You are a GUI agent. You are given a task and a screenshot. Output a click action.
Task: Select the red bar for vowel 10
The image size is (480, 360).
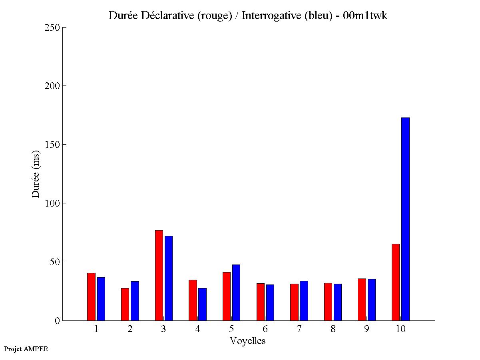(x=396, y=282)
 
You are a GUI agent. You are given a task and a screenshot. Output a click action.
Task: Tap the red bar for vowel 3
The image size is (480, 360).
(x=159, y=275)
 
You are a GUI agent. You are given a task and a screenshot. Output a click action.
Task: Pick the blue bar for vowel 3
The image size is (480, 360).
(x=169, y=278)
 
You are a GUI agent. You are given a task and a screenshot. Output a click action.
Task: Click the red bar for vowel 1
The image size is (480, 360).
(x=91, y=296)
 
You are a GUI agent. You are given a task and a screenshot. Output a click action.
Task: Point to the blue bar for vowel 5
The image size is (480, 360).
(x=236, y=292)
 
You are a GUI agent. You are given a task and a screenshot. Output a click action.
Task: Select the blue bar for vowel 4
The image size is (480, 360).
(x=202, y=304)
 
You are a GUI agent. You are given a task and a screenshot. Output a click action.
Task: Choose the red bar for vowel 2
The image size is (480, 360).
(x=125, y=304)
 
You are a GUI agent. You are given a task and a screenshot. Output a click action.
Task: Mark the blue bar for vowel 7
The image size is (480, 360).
(x=304, y=300)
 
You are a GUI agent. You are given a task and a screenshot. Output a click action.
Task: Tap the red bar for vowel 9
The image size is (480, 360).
(x=362, y=299)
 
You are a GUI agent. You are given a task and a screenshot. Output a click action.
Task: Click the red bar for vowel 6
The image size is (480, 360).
(x=261, y=302)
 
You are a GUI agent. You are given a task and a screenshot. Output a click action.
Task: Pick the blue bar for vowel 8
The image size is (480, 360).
(x=338, y=302)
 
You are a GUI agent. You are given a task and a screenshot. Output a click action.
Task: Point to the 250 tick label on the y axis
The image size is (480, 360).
(x=52, y=28)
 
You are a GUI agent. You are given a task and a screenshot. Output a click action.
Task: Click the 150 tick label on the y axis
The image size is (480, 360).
(x=52, y=145)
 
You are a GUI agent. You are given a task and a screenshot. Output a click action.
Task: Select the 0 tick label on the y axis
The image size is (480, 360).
(x=57, y=321)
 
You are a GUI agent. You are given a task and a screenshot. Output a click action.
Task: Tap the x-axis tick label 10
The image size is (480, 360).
(x=400, y=329)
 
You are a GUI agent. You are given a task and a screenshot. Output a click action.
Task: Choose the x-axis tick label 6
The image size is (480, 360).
(x=265, y=329)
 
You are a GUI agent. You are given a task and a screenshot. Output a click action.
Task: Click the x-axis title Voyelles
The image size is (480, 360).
(x=248, y=341)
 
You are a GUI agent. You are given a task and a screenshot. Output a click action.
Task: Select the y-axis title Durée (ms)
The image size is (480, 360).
(x=36, y=174)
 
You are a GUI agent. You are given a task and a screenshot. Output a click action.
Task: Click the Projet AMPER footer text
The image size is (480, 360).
(x=26, y=349)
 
